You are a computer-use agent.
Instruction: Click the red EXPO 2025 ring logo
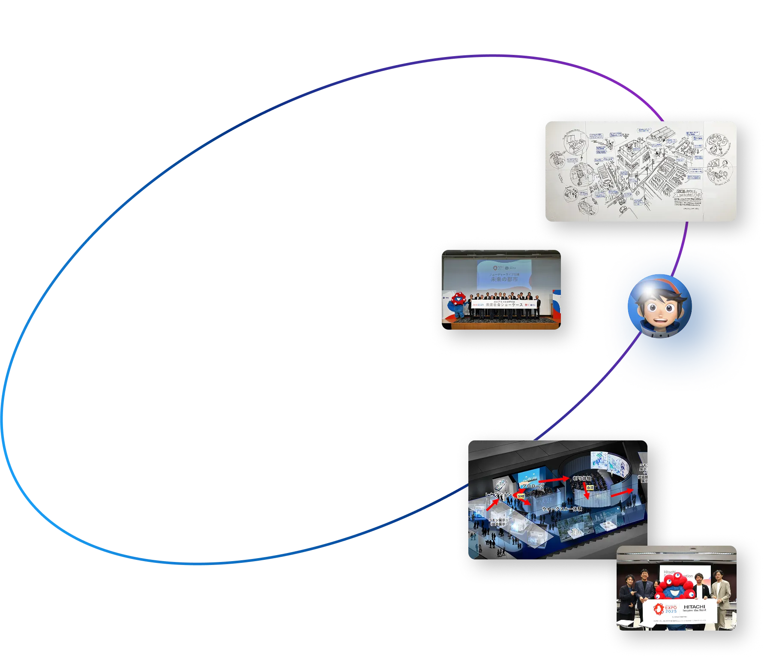point(659,608)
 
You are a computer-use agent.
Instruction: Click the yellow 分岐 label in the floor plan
point(521,496)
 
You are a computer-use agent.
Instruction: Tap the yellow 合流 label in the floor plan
point(590,487)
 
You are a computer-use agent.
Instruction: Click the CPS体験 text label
point(581,478)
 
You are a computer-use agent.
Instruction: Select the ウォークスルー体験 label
point(562,509)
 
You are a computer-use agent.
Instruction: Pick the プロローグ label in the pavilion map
point(534,486)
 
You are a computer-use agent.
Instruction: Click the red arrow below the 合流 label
point(587,495)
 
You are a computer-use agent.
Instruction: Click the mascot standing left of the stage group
point(458,304)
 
